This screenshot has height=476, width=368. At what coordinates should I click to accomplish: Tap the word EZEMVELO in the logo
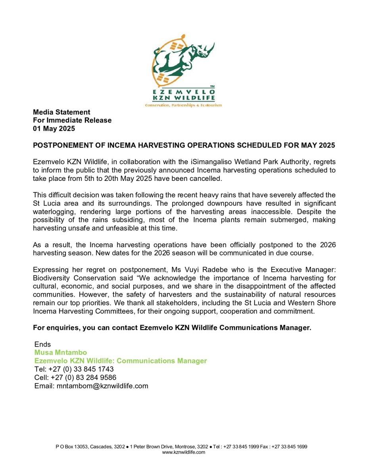point(184,91)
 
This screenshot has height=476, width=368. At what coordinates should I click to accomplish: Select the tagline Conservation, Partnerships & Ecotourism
point(183,105)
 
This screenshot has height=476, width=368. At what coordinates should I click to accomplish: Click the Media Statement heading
point(62,112)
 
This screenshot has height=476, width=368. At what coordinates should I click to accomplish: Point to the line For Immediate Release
point(72,120)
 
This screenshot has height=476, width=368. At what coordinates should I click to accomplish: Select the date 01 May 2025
point(54,129)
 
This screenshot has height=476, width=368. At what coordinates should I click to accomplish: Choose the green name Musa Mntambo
point(61,353)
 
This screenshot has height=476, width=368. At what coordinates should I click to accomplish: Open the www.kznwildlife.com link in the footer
point(184,452)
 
